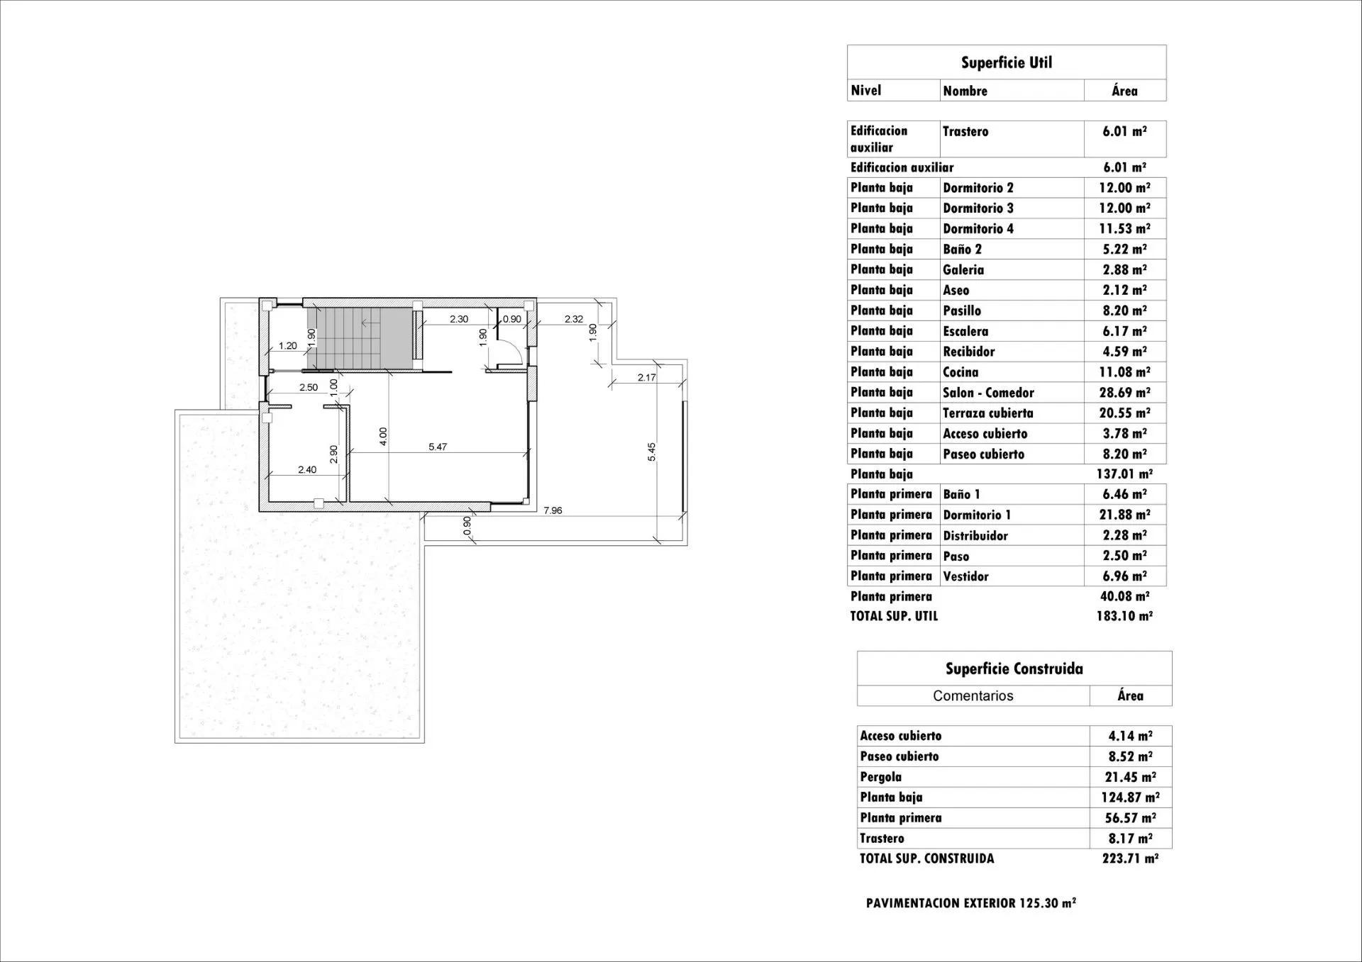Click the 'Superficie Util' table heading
1006,62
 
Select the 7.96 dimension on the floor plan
552,510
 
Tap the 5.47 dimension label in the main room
438,447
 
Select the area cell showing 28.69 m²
1124,392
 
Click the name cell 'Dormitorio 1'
977,515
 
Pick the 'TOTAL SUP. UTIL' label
894,616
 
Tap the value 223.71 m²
1130,858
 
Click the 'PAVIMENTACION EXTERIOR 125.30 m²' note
970,903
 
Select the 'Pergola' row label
880,777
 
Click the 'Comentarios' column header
973,695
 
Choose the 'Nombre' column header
965,91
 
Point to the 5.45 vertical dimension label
652,452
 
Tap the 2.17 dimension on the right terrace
646,378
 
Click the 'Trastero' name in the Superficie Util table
965,131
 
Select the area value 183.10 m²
1124,616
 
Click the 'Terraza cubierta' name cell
987,413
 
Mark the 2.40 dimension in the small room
306,469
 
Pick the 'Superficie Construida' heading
1014,669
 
